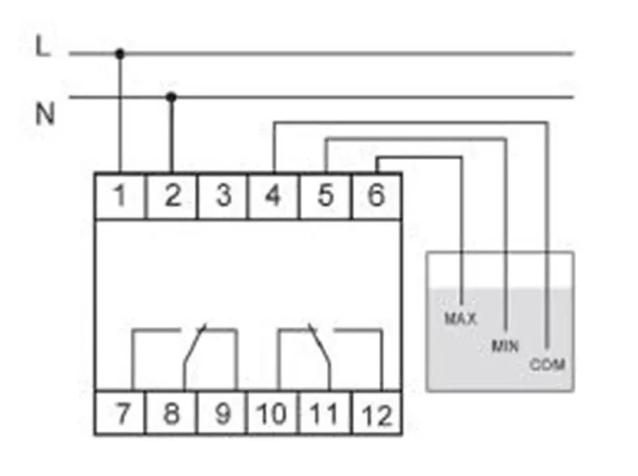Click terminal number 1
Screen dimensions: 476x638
(x=119, y=195)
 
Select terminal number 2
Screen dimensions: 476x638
(x=170, y=195)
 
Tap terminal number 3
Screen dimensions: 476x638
(x=221, y=195)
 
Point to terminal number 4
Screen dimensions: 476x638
(x=273, y=195)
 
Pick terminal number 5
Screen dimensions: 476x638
(x=324, y=195)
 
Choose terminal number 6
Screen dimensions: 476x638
(x=376, y=195)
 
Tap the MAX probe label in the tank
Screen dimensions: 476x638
(x=461, y=319)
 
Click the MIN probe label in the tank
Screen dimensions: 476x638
(x=505, y=346)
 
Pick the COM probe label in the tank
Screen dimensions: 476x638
(x=547, y=365)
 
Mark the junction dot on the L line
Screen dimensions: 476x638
(x=119, y=54)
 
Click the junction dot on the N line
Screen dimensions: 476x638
(x=170, y=96)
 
